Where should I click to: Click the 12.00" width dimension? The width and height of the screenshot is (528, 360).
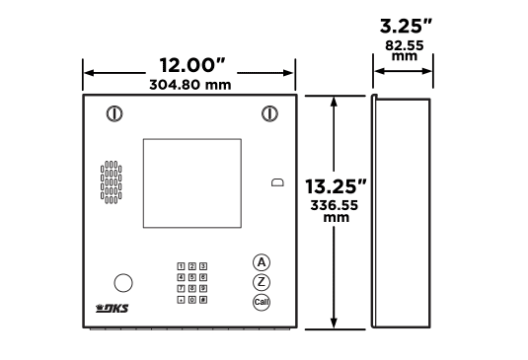191,65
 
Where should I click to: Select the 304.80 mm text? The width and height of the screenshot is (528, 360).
190,85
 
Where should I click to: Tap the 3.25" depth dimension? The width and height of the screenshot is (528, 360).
406,27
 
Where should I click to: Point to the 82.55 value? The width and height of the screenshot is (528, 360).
405,45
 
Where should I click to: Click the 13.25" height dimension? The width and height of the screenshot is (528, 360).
336,186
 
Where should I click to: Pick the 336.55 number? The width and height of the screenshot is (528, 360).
334,205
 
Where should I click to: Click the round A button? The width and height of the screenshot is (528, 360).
262,262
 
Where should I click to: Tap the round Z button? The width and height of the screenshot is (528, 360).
262,282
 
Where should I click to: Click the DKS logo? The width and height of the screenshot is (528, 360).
113,308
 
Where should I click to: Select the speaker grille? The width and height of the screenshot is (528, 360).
112,182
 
